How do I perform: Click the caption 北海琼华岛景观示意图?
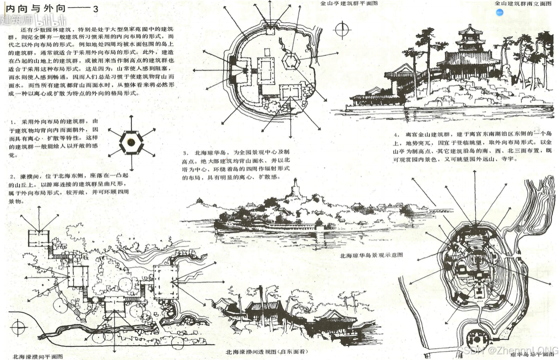point(371,255)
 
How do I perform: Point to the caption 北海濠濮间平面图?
point(38,356)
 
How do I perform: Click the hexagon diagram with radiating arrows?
point(131,142)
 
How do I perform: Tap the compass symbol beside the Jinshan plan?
point(342,30)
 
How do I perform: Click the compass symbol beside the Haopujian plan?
point(18,329)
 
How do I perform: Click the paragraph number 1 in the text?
point(14,122)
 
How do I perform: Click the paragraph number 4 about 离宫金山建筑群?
point(395,135)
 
